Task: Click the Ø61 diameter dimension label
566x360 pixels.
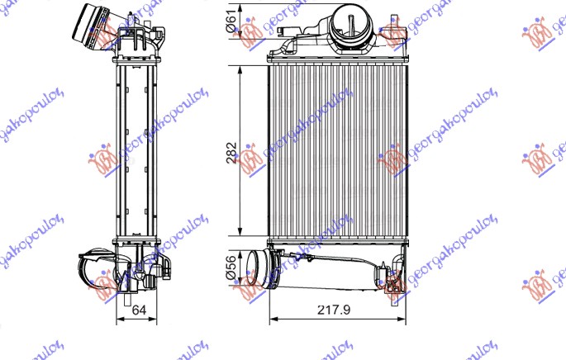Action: (x=232, y=24)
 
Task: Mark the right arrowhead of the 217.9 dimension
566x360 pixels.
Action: (x=402, y=320)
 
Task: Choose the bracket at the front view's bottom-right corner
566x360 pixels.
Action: (x=394, y=277)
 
